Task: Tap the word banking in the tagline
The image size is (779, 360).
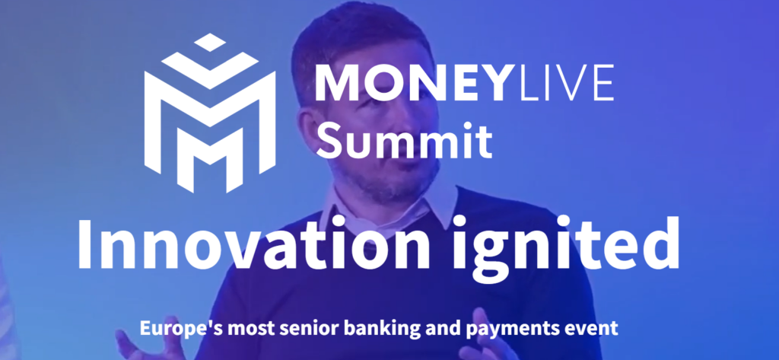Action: pyautogui.click(x=354, y=329)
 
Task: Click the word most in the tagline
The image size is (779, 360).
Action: pyautogui.click(x=236, y=329)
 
